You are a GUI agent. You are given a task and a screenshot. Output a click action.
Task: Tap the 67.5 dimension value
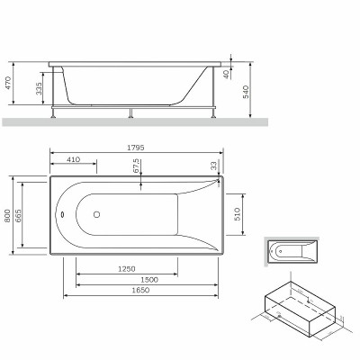pos(136,166)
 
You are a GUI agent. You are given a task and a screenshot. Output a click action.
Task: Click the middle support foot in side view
pos(132,112)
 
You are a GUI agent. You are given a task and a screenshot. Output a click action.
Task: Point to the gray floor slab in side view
pos(135,121)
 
